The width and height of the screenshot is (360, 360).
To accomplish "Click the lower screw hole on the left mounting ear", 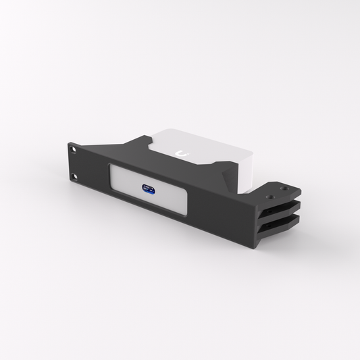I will pos(75,178).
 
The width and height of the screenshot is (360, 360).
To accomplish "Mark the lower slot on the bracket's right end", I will pos(278,223).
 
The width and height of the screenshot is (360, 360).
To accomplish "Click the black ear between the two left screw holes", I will pos(74,164).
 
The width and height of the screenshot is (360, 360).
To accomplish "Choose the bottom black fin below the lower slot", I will pos(277,232).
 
